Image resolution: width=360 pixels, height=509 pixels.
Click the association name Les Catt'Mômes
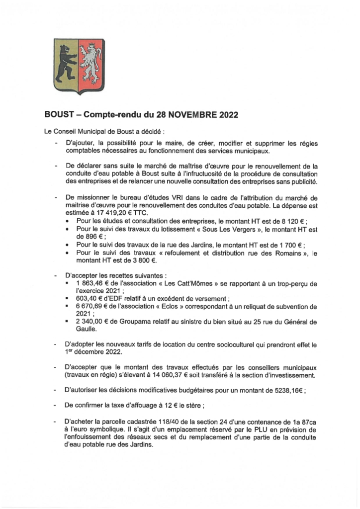(x=168, y=282)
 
